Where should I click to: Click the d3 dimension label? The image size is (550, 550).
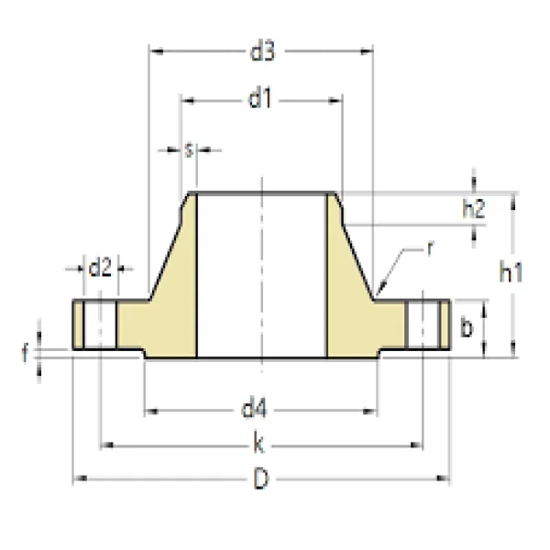(x=262, y=52)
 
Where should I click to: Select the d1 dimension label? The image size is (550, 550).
(x=261, y=99)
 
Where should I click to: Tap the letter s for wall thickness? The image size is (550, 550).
(x=188, y=149)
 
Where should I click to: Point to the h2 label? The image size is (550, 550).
(x=473, y=209)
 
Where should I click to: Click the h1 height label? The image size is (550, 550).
(x=511, y=271)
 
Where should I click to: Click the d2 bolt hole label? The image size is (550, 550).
(x=100, y=268)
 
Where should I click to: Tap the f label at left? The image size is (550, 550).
(x=27, y=350)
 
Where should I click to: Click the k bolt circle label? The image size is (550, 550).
(x=260, y=445)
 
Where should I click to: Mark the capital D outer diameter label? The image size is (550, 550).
(x=261, y=478)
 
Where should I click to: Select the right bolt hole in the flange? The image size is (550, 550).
(x=422, y=324)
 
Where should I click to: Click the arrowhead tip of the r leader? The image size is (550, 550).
(x=378, y=295)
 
